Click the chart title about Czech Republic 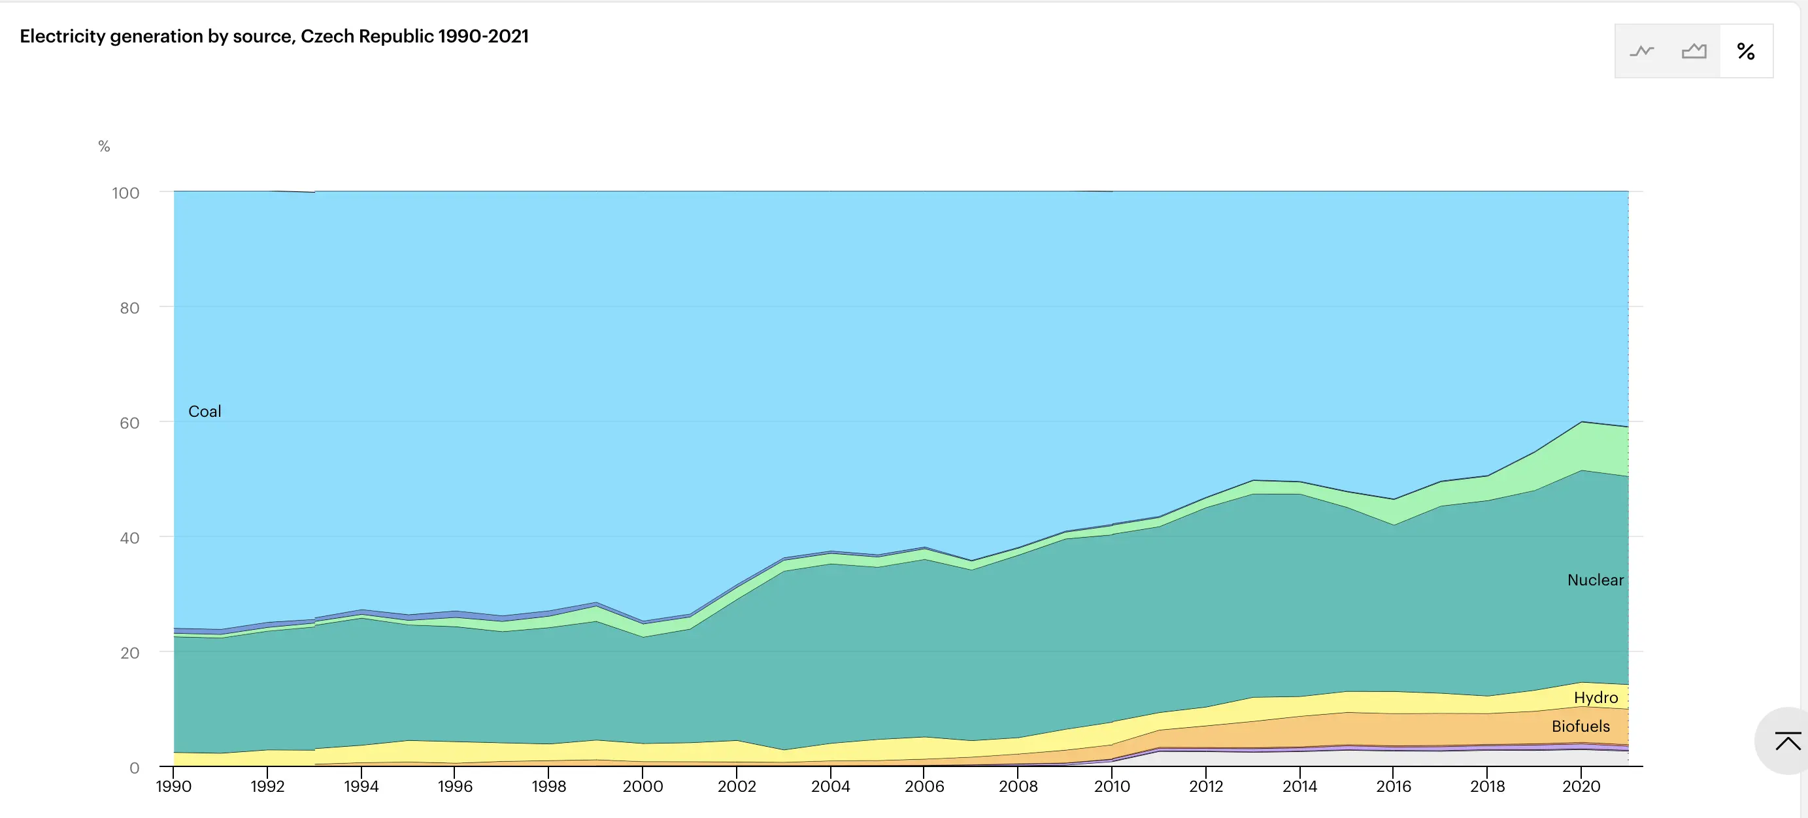(x=274, y=37)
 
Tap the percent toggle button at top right (x=1745, y=51)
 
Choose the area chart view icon (x=1694, y=51)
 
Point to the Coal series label (x=204, y=412)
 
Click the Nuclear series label (x=1595, y=580)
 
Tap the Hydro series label (x=1596, y=697)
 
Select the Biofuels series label (x=1581, y=726)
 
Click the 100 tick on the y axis (x=126, y=193)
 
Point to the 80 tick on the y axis (x=129, y=308)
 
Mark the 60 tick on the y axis (x=129, y=423)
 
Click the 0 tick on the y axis (x=134, y=768)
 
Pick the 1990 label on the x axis (x=173, y=787)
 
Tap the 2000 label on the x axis (x=642, y=787)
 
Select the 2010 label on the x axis (x=1112, y=787)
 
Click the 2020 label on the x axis (x=1581, y=787)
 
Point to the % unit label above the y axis (x=104, y=146)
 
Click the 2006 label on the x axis (x=924, y=787)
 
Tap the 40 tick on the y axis (x=129, y=538)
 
